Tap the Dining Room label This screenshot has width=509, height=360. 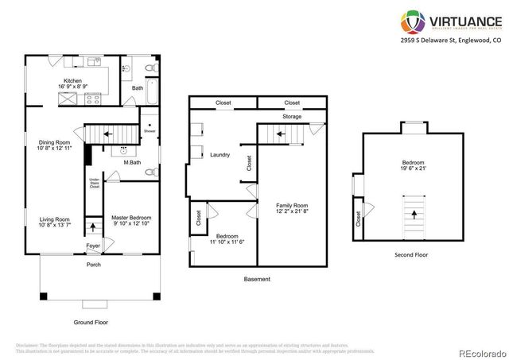pyautogui.click(x=56, y=143)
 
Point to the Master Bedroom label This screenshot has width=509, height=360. pyautogui.click(x=131, y=218)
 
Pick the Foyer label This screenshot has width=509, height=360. pyautogui.click(x=94, y=246)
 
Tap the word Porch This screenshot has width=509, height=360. pyautogui.click(x=94, y=265)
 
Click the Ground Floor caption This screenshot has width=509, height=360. pyautogui.click(x=91, y=323)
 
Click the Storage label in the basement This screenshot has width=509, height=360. pyautogui.click(x=291, y=117)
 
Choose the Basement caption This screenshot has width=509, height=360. pyautogui.click(x=257, y=279)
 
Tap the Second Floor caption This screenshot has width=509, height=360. pyautogui.click(x=412, y=254)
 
